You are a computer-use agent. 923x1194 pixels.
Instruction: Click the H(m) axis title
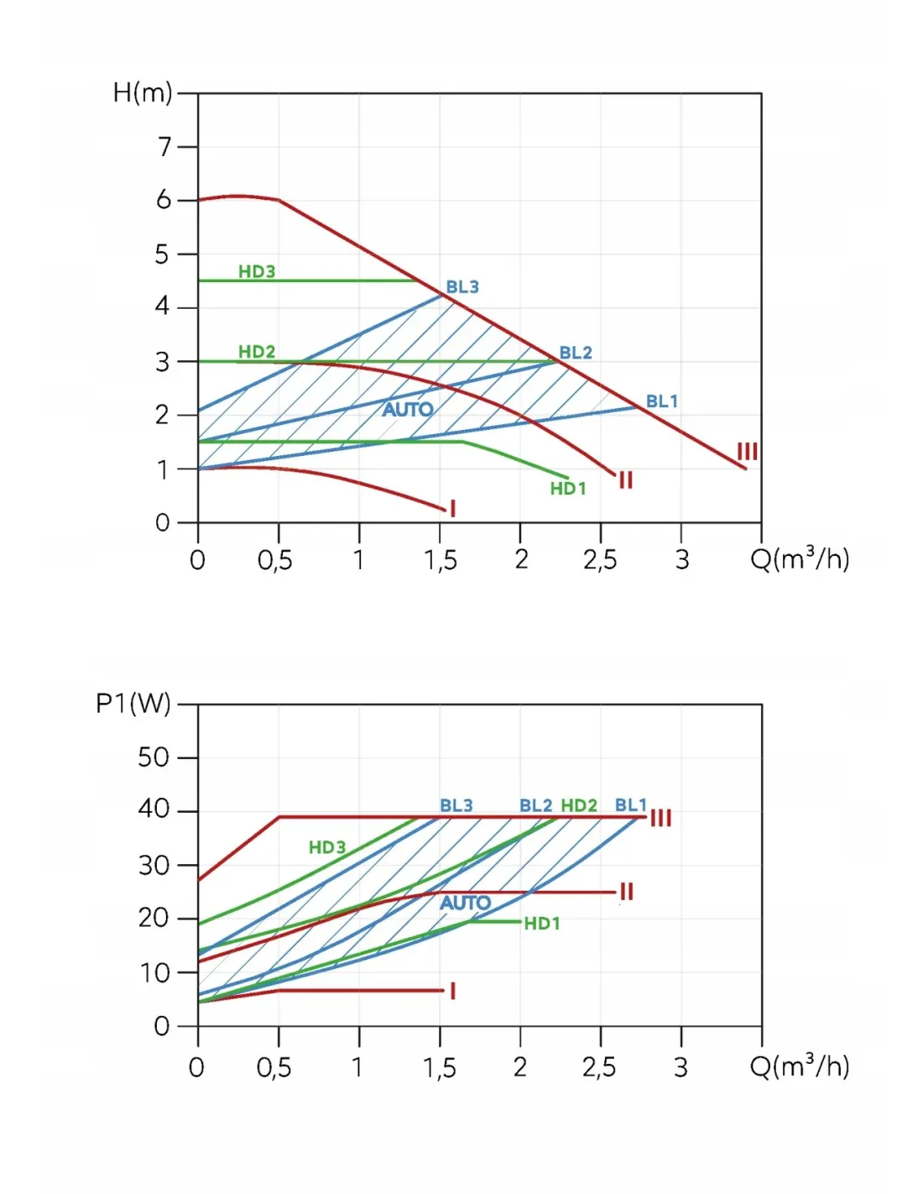point(143,92)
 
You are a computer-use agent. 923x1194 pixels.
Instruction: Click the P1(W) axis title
point(133,703)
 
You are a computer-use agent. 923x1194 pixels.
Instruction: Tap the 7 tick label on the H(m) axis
point(164,147)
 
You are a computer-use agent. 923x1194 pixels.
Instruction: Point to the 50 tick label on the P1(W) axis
point(154,757)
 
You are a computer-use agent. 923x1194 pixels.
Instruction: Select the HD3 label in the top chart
point(257,271)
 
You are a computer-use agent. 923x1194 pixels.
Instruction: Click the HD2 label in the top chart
point(257,351)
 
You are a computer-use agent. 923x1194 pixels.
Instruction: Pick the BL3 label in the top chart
point(462,286)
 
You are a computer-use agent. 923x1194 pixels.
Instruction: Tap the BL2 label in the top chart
point(576,353)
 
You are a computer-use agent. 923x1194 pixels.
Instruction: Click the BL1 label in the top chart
point(662,401)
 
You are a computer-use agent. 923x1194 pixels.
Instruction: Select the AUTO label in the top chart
point(408,410)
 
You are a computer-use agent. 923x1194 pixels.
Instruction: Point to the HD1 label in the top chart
point(568,489)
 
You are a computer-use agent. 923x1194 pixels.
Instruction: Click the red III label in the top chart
point(747,452)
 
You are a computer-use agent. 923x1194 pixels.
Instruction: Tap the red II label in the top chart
point(626,480)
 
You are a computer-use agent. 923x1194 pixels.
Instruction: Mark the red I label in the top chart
point(453,508)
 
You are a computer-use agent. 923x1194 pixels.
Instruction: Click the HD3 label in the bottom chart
point(327,847)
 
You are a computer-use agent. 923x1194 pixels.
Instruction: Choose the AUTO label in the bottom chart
point(466,903)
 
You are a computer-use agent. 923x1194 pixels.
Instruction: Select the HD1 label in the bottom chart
point(542,924)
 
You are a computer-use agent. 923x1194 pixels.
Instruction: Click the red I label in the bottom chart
point(453,991)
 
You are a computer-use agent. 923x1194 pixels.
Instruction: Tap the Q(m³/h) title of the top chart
point(800,558)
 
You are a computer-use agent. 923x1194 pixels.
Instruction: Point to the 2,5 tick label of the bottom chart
point(599,1067)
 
